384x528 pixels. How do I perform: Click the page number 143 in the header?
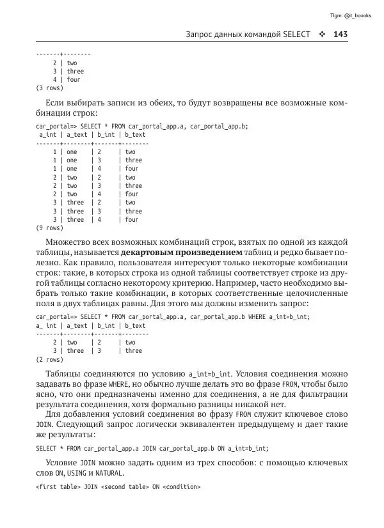(x=340, y=35)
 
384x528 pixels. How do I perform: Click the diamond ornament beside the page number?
(x=322, y=35)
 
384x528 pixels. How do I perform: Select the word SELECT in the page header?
(x=296, y=35)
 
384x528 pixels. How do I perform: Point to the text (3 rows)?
(x=49, y=88)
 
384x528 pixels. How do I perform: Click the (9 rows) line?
(x=49, y=228)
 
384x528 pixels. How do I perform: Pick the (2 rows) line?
(x=49, y=359)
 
